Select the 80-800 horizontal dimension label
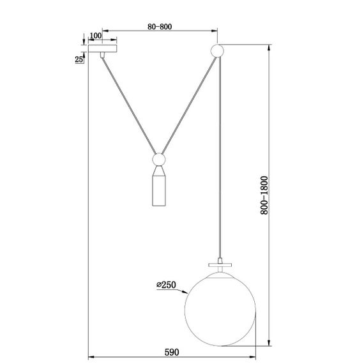coord(159,27)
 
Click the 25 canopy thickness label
coord(79,59)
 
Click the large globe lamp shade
coord(220,307)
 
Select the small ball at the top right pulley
coord(217,50)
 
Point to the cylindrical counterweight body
coord(159,192)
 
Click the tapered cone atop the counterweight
coord(159,172)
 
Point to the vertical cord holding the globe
coord(220,160)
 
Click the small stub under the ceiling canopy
coord(102,56)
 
